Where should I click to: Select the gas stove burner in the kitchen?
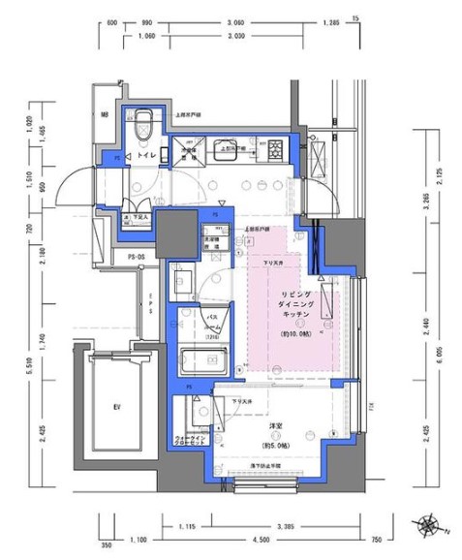(x=275, y=148)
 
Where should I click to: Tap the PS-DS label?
(x=137, y=256)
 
